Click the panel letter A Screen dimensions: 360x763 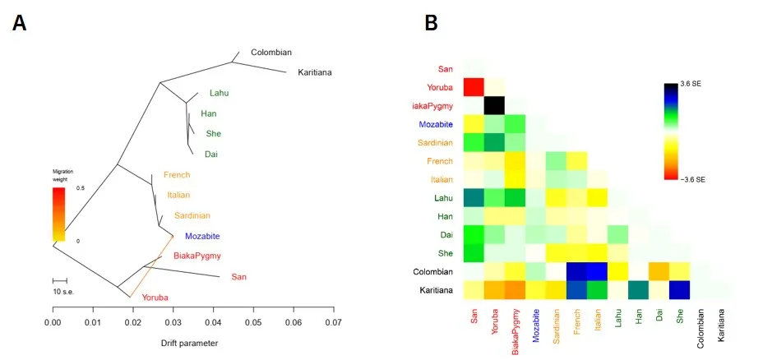point(20,23)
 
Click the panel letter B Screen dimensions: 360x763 point(430,23)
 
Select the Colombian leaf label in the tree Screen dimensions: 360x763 point(271,52)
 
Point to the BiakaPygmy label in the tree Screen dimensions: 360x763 point(197,256)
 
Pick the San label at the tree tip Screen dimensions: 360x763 point(239,277)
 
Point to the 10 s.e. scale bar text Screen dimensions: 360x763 point(64,292)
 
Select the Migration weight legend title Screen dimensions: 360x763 point(63,173)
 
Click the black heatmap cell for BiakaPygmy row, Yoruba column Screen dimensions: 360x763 point(494,106)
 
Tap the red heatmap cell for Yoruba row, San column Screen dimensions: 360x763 point(473,85)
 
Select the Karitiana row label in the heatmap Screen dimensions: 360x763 point(432,290)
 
